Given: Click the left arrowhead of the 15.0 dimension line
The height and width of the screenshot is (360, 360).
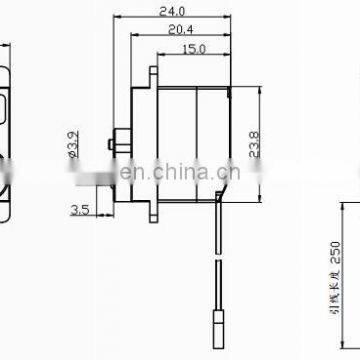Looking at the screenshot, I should click(x=160, y=55).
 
